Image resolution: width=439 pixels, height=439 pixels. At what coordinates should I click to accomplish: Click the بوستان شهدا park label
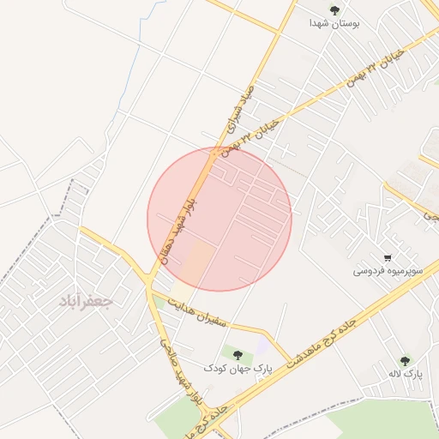coord(334,24)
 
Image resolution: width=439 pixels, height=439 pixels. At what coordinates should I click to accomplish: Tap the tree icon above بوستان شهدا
coord(334,10)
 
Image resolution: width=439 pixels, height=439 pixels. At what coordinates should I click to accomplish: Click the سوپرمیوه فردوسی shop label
coord(388,271)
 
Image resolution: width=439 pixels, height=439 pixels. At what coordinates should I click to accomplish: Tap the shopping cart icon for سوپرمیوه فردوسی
coord(388,257)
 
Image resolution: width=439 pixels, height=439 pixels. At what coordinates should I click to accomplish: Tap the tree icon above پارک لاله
coord(404,361)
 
